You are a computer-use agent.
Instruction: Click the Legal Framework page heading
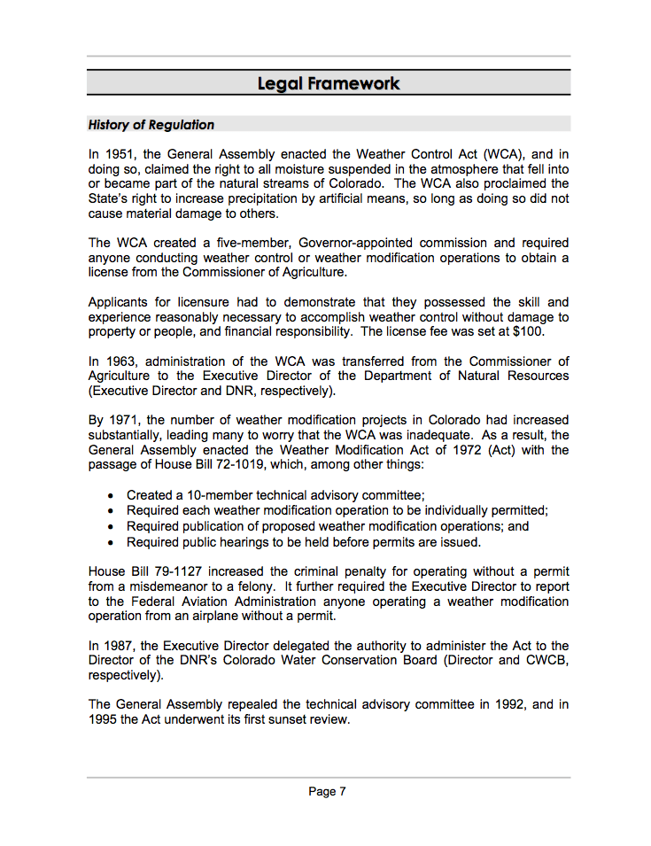tap(329, 83)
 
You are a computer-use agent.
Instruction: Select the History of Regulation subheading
tap(151, 125)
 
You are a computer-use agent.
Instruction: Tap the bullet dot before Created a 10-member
tap(110, 495)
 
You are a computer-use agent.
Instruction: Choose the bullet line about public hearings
tap(303, 541)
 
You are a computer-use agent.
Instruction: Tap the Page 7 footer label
tap(328, 791)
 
